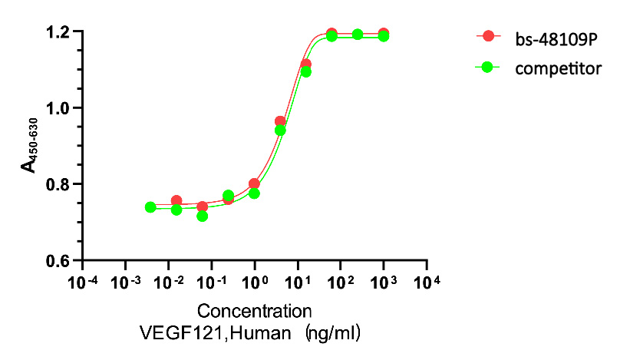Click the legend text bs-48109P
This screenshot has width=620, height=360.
(547, 36)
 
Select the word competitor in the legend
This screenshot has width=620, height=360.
(548, 68)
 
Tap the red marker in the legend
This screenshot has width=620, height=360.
(487, 36)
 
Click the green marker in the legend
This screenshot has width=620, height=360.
(487, 68)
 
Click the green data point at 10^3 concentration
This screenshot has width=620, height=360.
(384, 36)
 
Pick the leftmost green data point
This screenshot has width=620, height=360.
(150, 207)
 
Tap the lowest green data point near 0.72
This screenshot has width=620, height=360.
(202, 216)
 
